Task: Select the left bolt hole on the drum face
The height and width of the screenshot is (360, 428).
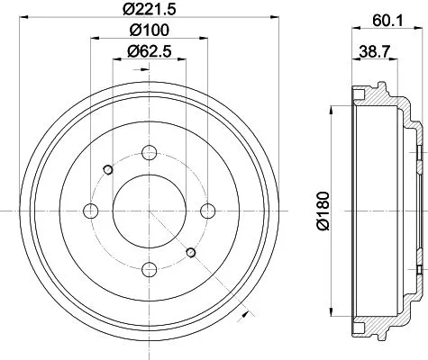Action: (89, 211)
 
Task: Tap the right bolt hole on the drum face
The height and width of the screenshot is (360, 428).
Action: (208, 211)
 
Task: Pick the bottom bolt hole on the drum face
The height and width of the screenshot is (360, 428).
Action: (149, 270)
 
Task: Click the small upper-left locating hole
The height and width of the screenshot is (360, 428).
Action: (108, 170)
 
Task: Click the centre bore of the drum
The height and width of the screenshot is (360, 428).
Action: (149, 211)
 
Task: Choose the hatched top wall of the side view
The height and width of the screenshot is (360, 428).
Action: (374, 94)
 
